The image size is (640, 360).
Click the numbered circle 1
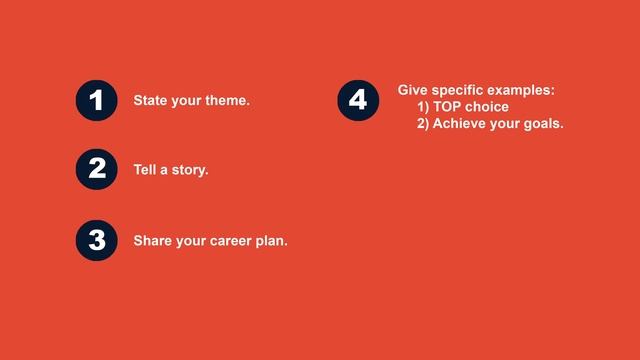(x=97, y=101)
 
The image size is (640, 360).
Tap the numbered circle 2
(x=97, y=169)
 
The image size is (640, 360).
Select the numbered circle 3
(x=97, y=240)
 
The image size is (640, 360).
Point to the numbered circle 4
(x=359, y=101)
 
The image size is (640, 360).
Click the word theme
(x=226, y=101)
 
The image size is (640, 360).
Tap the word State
(x=151, y=101)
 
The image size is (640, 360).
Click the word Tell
(x=146, y=170)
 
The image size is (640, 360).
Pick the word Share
(x=153, y=241)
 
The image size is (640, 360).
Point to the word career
(x=235, y=241)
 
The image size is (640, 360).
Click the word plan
(x=274, y=241)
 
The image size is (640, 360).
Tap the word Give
(x=413, y=90)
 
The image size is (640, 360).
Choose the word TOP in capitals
(x=448, y=107)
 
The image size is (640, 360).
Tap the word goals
(x=544, y=125)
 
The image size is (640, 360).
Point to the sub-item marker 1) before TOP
(x=423, y=107)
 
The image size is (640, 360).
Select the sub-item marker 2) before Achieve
(x=423, y=124)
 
